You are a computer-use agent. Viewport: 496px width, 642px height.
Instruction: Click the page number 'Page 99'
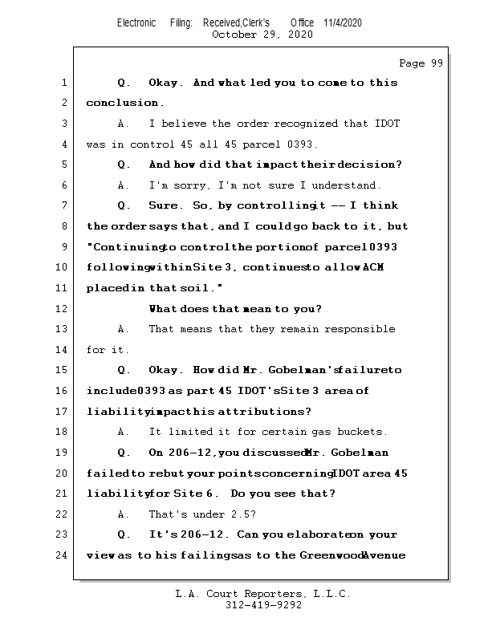[x=421, y=63]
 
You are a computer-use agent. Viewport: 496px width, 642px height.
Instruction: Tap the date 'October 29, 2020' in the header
[x=262, y=35]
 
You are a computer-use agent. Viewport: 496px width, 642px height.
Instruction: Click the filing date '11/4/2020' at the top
[x=343, y=22]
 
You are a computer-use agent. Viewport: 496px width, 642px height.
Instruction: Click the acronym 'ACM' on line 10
[x=373, y=267]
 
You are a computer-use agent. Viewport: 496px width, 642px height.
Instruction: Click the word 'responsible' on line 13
[x=358, y=329]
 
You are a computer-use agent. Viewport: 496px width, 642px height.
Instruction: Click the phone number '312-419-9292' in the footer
[x=263, y=605]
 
